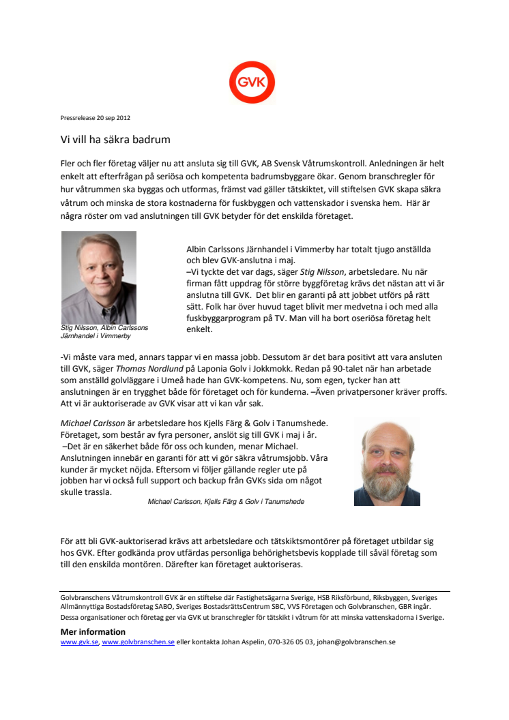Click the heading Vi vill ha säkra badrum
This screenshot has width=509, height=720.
(x=115, y=139)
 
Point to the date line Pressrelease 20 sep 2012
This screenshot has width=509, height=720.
(x=96, y=118)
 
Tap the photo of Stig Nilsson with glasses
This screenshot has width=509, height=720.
(x=99, y=277)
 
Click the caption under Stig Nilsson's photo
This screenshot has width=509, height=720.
(x=104, y=331)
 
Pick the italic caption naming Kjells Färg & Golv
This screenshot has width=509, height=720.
(x=226, y=501)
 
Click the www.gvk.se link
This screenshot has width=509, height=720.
(x=79, y=642)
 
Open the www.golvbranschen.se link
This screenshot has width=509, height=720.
(x=138, y=642)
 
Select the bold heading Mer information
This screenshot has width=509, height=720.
(x=93, y=632)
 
